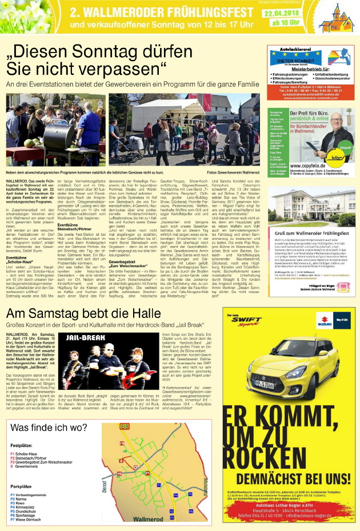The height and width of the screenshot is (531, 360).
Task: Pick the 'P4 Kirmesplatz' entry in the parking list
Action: click(x=29, y=504)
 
